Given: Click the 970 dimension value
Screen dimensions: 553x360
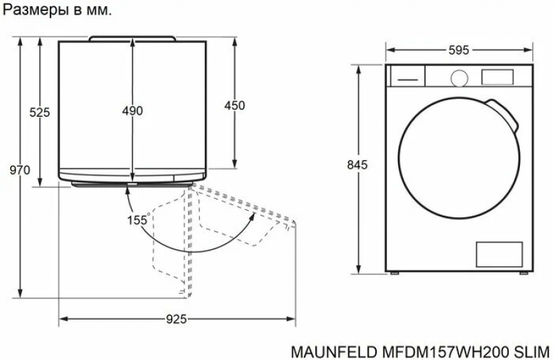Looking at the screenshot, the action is click(20, 170).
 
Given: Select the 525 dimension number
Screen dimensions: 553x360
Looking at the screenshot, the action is click(39, 113).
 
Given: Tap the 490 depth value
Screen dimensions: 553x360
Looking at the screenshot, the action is click(133, 111).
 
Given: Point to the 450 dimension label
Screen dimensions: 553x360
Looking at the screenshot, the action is click(234, 106).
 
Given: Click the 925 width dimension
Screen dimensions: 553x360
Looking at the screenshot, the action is click(176, 319).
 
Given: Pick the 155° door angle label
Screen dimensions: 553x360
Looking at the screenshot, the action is click(139, 220).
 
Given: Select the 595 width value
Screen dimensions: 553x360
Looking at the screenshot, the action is click(459, 50).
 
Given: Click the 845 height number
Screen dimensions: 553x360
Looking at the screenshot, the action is click(357, 164).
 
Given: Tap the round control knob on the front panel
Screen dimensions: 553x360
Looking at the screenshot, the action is click(459, 78).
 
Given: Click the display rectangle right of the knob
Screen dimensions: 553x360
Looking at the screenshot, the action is click(497, 77).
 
